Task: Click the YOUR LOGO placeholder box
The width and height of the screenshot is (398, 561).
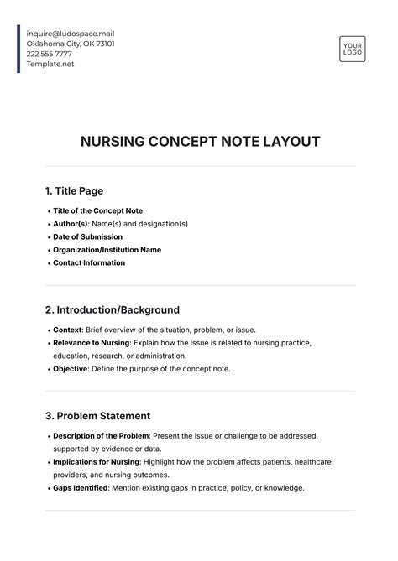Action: pos(352,49)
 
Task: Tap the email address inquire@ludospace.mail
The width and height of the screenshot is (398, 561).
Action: pos(71,33)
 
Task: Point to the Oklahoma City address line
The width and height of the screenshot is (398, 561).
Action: pos(71,44)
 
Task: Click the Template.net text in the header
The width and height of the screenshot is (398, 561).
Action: pos(50,65)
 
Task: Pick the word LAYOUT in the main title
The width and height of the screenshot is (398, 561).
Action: pos(290,142)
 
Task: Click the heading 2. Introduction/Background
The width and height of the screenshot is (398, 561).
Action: pos(112,310)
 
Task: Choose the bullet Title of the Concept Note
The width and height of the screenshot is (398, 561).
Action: pos(97,211)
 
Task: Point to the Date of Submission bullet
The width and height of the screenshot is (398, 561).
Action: pos(87,237)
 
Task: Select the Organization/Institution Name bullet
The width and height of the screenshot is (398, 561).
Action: pos(107,250)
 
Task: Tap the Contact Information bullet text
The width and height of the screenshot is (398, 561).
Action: pos(89,263)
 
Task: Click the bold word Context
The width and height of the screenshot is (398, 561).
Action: pos(67,330)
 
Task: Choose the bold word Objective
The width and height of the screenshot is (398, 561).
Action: pos(71,369)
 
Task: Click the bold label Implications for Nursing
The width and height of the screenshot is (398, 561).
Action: pos(97,462)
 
